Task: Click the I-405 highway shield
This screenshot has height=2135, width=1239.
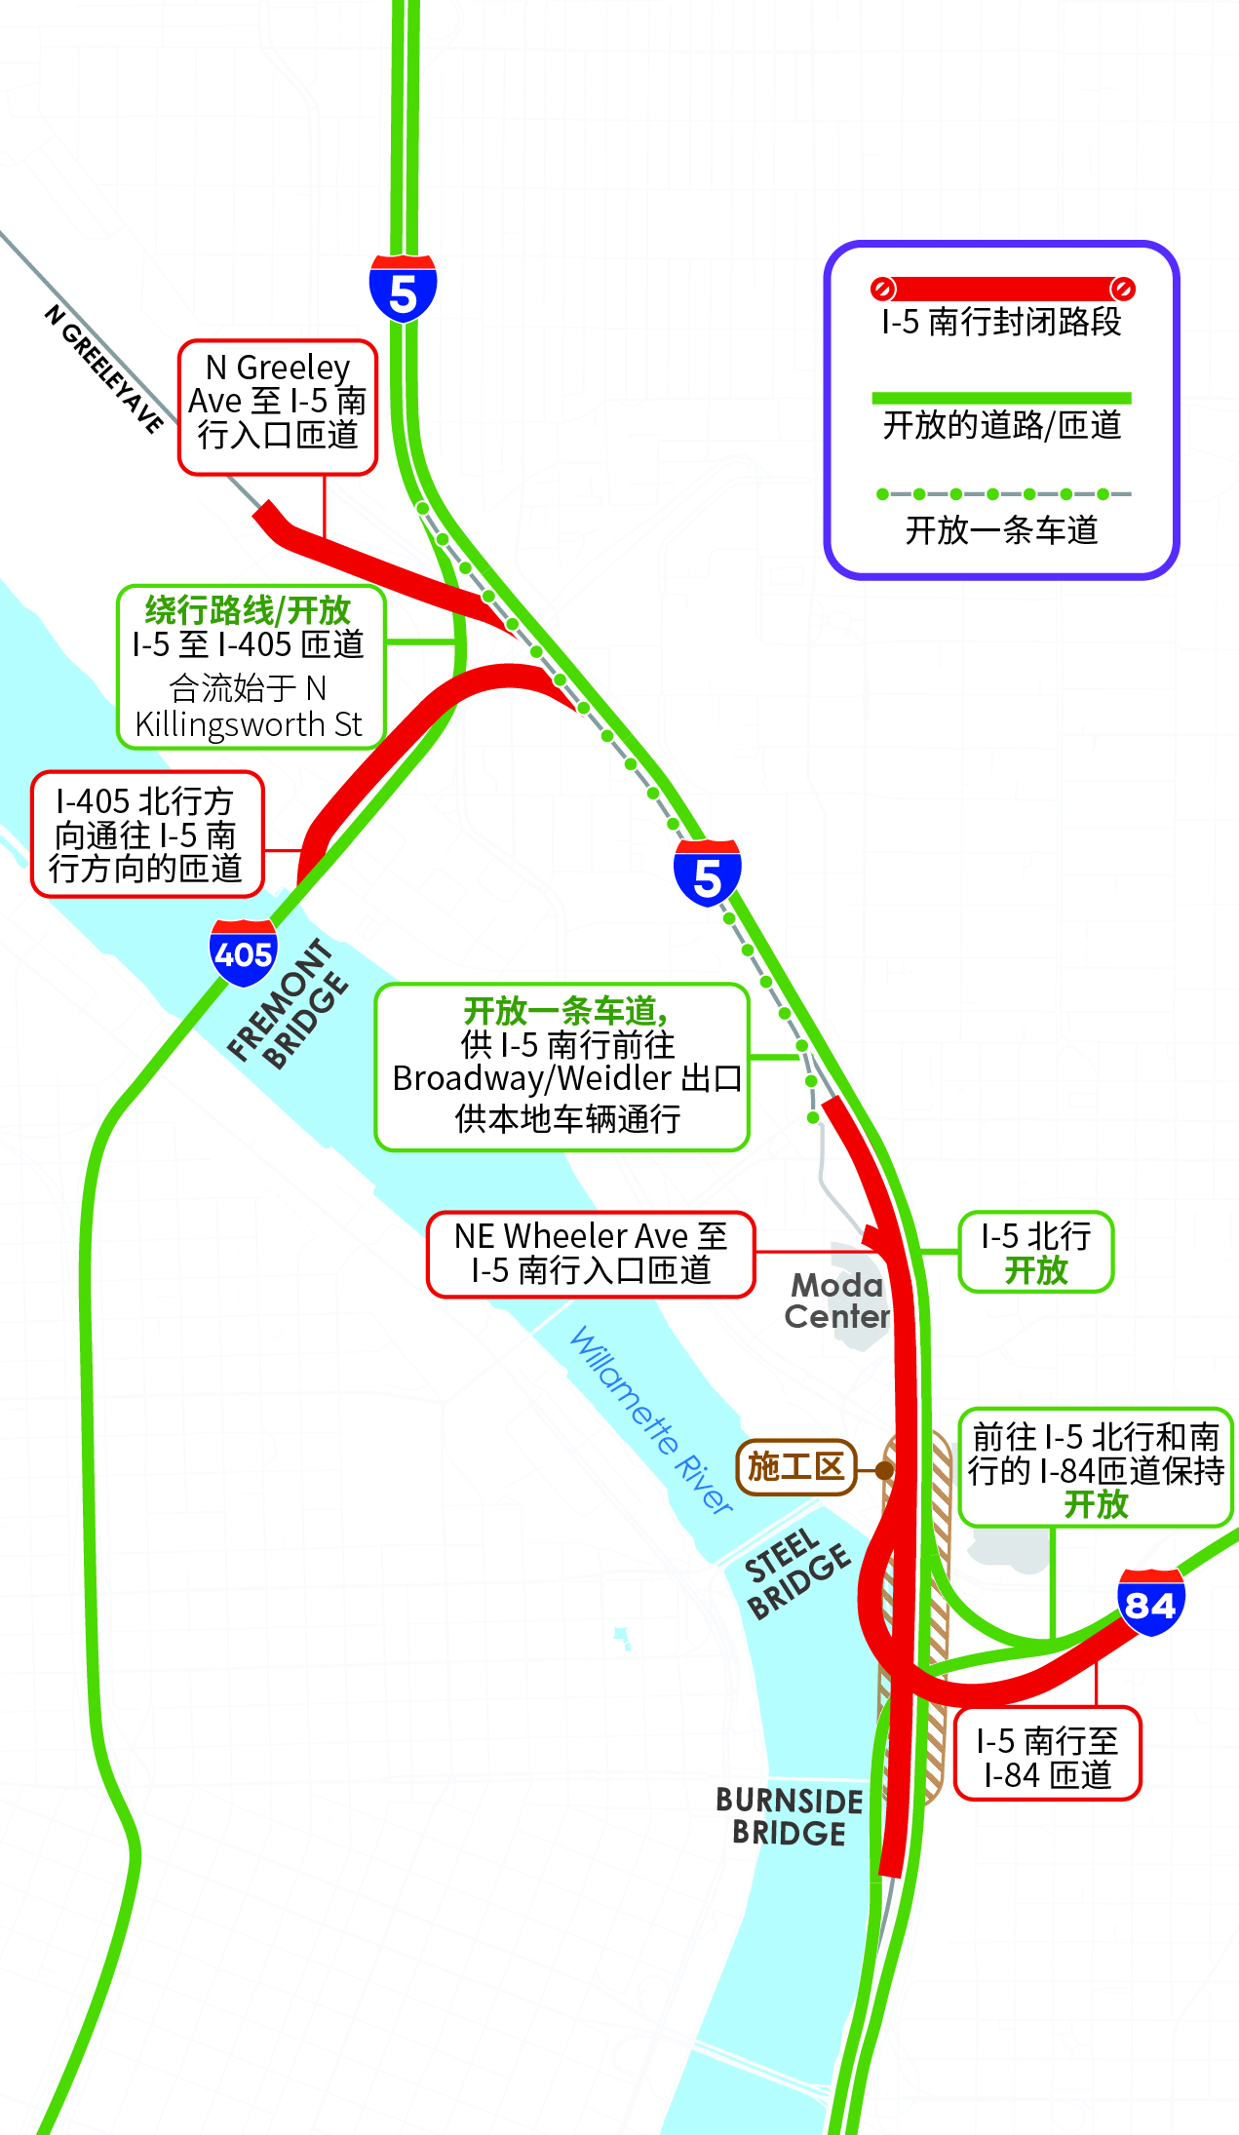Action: coord(243,951)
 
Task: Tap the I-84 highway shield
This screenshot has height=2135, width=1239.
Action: coord(1150,1602)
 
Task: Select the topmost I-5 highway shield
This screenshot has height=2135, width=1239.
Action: coord(403,289)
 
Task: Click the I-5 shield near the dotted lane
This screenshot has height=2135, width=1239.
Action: coord(707,873)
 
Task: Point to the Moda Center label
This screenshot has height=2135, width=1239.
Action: coord(837,1300)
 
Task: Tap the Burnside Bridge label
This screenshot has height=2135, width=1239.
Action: coord(790,1816)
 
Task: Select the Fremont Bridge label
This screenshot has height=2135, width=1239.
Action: coord(288,1003)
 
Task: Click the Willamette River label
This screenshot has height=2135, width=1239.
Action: coord(651,1419)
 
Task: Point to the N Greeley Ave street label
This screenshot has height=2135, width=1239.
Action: coord(103,368)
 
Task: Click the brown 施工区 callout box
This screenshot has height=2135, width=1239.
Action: coord(795,1466)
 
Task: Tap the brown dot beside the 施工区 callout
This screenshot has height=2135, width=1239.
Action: coord(884,1469)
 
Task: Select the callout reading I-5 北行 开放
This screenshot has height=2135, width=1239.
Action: coord(1035,1252)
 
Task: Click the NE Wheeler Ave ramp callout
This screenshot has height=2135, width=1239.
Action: coord(591,1254)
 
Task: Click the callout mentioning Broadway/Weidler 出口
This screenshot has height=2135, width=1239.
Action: coord(562,1067)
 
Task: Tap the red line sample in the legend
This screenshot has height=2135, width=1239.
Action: coord(1002,289)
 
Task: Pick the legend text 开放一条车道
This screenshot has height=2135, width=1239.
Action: coord(1001,529)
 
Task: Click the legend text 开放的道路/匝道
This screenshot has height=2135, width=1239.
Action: coord(1001,425)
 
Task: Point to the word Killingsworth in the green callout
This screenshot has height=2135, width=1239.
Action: coord(230,725)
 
